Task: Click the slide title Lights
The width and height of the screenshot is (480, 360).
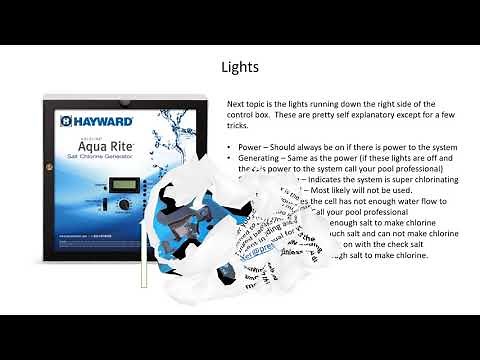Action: tap(240, 68)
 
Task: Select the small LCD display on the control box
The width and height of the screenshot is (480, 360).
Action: tap(124, 184)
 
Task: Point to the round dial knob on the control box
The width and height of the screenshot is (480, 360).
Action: tap(124, 204)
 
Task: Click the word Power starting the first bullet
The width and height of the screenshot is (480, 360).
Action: tap(251, 146)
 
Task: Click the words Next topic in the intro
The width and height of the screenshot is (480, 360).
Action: tap(246, 104)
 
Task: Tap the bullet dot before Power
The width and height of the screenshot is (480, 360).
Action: tap(230, 146)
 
